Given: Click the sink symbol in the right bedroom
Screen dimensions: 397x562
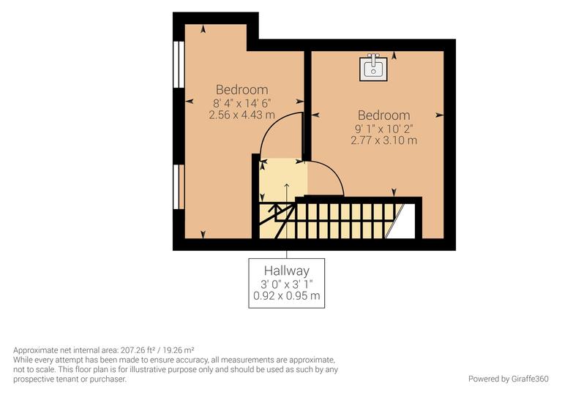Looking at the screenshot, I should [x=372, y=67].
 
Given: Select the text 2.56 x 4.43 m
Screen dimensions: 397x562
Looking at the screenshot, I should [x=241, y=115].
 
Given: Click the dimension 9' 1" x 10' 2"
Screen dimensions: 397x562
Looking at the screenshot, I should [x=383, y=128].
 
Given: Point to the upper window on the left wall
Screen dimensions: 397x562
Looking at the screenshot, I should [x=178, y=64].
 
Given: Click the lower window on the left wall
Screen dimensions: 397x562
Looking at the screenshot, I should [x=178, y=186].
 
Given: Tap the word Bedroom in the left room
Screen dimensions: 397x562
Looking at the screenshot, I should [x=241, y=90].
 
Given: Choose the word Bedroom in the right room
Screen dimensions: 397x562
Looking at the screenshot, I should [x=383, y=116].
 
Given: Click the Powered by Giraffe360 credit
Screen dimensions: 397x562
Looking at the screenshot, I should [x=508, y=379].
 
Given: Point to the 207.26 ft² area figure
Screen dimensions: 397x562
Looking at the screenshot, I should [x=143, y=350].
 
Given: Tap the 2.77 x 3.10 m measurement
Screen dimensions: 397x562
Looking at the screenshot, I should [x=383, y=140].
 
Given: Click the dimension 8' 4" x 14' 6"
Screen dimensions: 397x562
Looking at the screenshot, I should [x=241, y=103].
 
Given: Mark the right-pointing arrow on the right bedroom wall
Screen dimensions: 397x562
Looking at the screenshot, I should [x=440, y=114].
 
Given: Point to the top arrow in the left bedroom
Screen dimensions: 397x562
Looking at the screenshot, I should [x=202, y=29].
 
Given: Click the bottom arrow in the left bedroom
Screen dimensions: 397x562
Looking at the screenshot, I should [x=202, y=235].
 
